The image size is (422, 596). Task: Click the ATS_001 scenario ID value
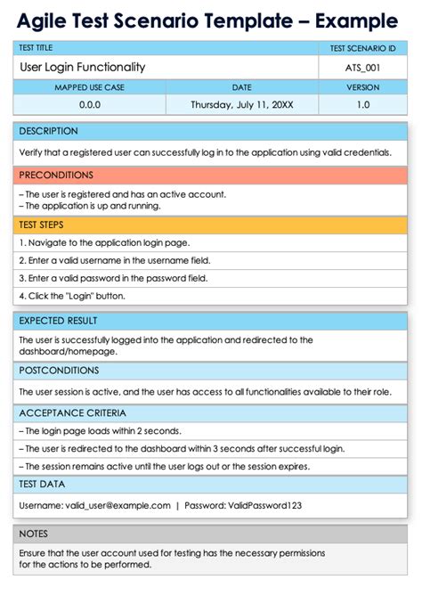click(362, 67)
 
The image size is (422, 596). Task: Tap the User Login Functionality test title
click(82, 67)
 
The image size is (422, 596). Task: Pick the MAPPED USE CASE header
click(90, 87)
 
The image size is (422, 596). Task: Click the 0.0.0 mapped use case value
click(90, 104)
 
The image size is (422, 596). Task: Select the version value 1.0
click(362, 104)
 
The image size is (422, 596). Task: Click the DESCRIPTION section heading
click(48, 131)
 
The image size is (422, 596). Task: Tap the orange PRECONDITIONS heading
click(55, 176)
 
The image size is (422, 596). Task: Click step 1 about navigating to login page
click(104, 242)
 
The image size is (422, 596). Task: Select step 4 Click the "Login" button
click(72, 296)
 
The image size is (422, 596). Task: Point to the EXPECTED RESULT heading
click(58, 321)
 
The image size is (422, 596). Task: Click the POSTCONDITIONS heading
click(59, 371)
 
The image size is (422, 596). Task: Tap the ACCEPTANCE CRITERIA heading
click(72, 413)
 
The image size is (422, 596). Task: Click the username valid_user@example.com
click(118, 505)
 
